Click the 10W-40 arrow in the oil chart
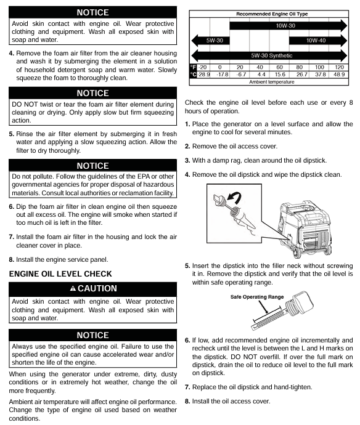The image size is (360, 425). point(318,41)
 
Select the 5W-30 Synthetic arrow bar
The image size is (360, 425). point(269,55)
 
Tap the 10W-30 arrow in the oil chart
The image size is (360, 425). point(288,26)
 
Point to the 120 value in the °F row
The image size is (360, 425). point(339,67)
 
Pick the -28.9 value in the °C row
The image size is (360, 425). point(204,75)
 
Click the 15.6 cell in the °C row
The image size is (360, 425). point(280,75)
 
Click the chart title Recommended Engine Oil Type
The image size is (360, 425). point(272,14)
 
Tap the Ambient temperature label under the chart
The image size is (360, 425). point(272,82)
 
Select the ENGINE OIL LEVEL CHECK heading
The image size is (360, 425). point(60,273)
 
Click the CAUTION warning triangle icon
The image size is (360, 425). point(73,288)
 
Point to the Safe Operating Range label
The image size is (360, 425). point(257,297)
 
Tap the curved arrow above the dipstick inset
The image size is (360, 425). point(235,198)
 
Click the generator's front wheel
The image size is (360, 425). point(297,253)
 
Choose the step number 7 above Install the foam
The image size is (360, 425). point(11,237)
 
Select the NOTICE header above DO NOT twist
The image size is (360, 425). point(93,93)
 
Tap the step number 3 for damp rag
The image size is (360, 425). point(187,161)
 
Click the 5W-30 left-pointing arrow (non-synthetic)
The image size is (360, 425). point(211,41)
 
